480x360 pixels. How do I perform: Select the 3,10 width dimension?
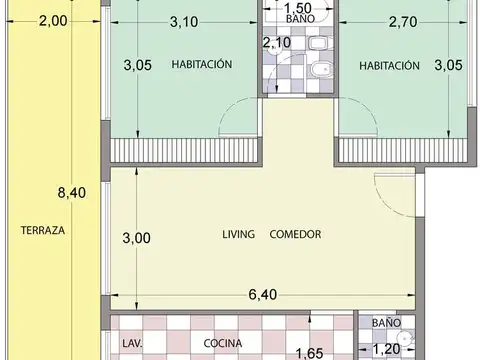(x=183, y=20)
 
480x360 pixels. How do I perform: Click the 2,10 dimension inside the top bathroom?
(x=277, y=42)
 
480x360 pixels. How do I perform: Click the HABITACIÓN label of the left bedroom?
(x=201, y=65)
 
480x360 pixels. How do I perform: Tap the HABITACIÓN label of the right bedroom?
(x=388, y=65)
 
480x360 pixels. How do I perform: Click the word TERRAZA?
(x=42, y=230)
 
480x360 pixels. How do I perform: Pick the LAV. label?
(x=131, y=343)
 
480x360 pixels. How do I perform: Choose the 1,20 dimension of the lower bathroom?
(x=386, y=350)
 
